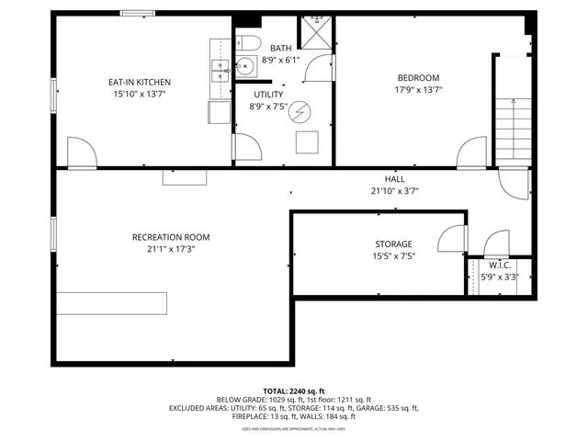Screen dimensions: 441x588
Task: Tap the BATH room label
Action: [x=281, y=48]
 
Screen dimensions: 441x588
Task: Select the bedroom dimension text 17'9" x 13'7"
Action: [x=418, y=90]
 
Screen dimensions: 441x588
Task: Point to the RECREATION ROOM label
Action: [x=171, y=237]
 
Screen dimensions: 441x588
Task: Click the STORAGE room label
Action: [x=392, y=244]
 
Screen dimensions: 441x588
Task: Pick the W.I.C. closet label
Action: [x=499, y=265]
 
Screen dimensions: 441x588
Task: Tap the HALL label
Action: [x=394, y=179]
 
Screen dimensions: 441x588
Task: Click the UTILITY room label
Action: [x=267, y=94]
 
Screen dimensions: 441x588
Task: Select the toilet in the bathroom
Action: [x=247, y=42]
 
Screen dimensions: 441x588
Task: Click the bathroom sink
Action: [x=245, y=65]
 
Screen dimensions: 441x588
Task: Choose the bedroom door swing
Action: [x=473, y=152]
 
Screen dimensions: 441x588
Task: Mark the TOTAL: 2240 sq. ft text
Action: [x=293, y=390]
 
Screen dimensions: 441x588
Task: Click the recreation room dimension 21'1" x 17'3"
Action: [x=171, y=249]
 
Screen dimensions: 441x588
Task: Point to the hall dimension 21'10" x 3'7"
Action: [x=394, y=191]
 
